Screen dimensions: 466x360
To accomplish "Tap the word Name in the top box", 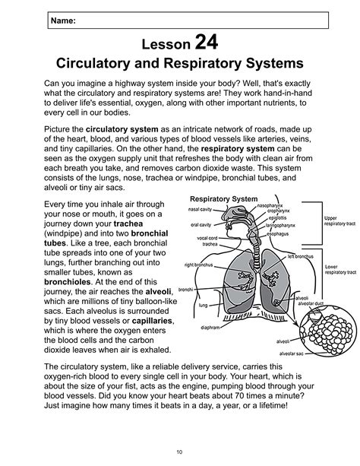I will coord(62,21).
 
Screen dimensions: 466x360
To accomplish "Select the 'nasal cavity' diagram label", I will coord(201,208).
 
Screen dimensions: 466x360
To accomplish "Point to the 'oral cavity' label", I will coord(201,224).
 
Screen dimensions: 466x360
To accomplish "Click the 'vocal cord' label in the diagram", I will coord(207,237).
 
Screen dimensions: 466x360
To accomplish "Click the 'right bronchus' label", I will coord(198,265).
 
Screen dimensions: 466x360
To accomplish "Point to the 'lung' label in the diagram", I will coord(203,305).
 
